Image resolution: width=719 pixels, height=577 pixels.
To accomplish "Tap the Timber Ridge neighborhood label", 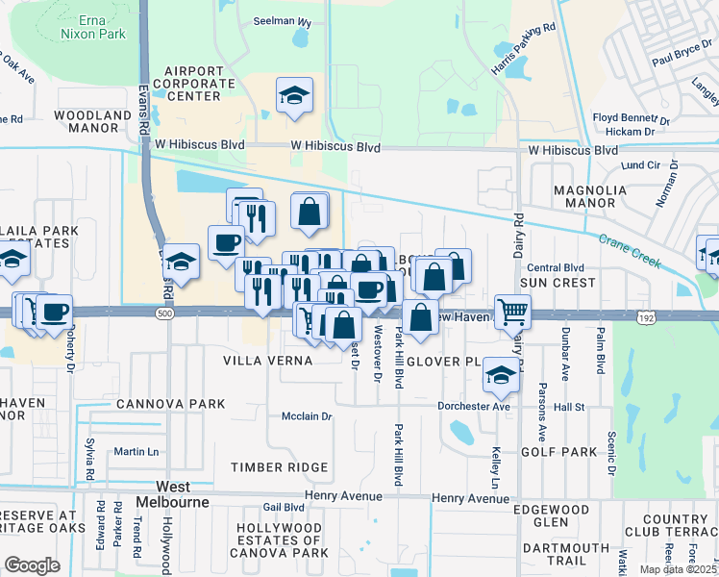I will [x=279, y=467].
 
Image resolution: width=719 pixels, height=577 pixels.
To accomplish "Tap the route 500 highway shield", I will [x=165, y=314].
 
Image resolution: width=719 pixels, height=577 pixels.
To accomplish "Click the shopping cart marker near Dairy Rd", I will [x=512, y=311].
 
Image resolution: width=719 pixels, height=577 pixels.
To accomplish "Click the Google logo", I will [x=32, y=564].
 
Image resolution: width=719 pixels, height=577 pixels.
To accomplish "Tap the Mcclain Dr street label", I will [x=306, y=416].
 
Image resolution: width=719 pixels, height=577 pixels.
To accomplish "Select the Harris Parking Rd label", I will [x=524, y=51].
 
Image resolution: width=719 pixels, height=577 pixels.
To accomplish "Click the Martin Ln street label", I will [x=136, y=451].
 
